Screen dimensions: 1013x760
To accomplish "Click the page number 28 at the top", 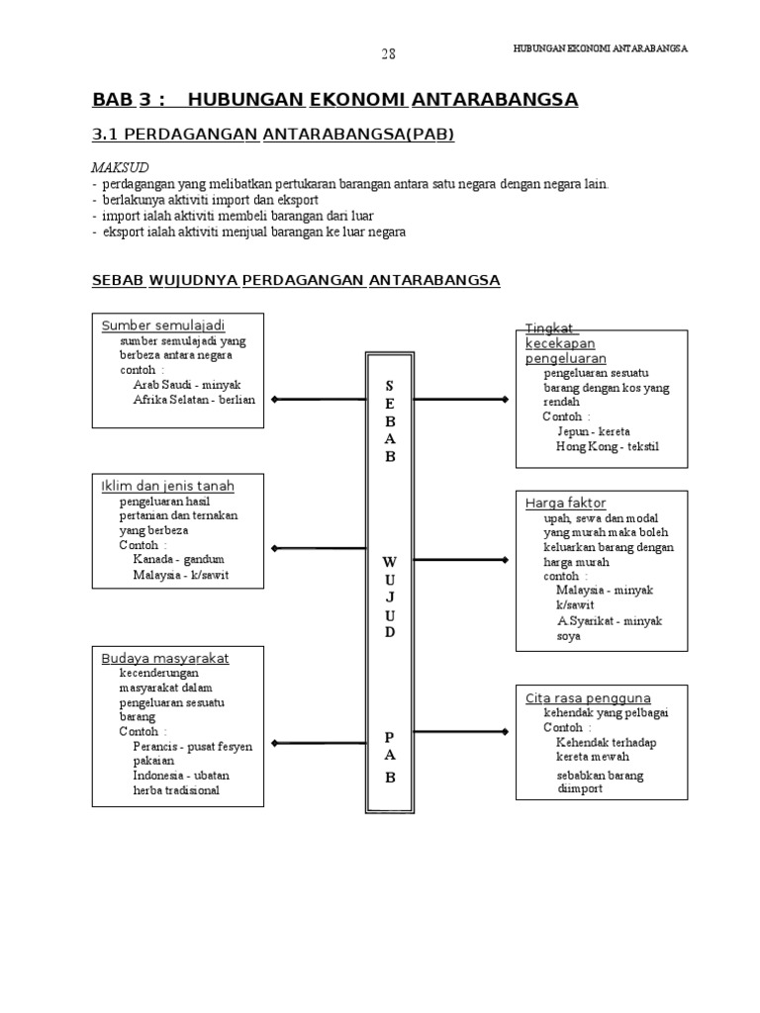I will pyautogui.click(x=388, y=54).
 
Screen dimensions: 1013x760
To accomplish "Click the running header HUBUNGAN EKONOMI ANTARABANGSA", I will pyautogui.click(x=601, y=48).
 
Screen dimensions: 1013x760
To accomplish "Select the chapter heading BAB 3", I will pyautogui.click(x=128, y=100).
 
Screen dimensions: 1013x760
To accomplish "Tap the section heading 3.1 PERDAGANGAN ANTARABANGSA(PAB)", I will pyautogui.click(x=273, y=135).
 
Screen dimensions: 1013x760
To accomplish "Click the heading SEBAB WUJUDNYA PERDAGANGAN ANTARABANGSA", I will pyautogui.click(x=296, y=281).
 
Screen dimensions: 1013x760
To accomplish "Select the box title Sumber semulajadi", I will pyautogui.click(x=163, y=325).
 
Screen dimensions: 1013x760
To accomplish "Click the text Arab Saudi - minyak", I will pyautogui.click(x=187, y=385).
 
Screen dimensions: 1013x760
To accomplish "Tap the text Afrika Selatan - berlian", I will pyautogui.click(x=194, y=400).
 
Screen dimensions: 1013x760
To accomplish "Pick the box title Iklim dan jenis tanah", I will pyautogui.click(x=168, y=486).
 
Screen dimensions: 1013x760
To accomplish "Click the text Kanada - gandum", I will pyautogui.click(x=179, y=559).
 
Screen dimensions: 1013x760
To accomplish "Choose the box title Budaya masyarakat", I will pyautogui.click(x=165, y=658).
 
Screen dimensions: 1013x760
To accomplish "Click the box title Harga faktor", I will pyautogui.click(x=565, y=504).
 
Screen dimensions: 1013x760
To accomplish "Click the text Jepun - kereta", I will pyautogui.click(x=593, y=432).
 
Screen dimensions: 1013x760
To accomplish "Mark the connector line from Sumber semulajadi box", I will pyautogui.click(x=318, y=400).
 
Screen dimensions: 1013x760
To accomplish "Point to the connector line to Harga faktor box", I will pyautogui.click(x=459, y=563).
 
